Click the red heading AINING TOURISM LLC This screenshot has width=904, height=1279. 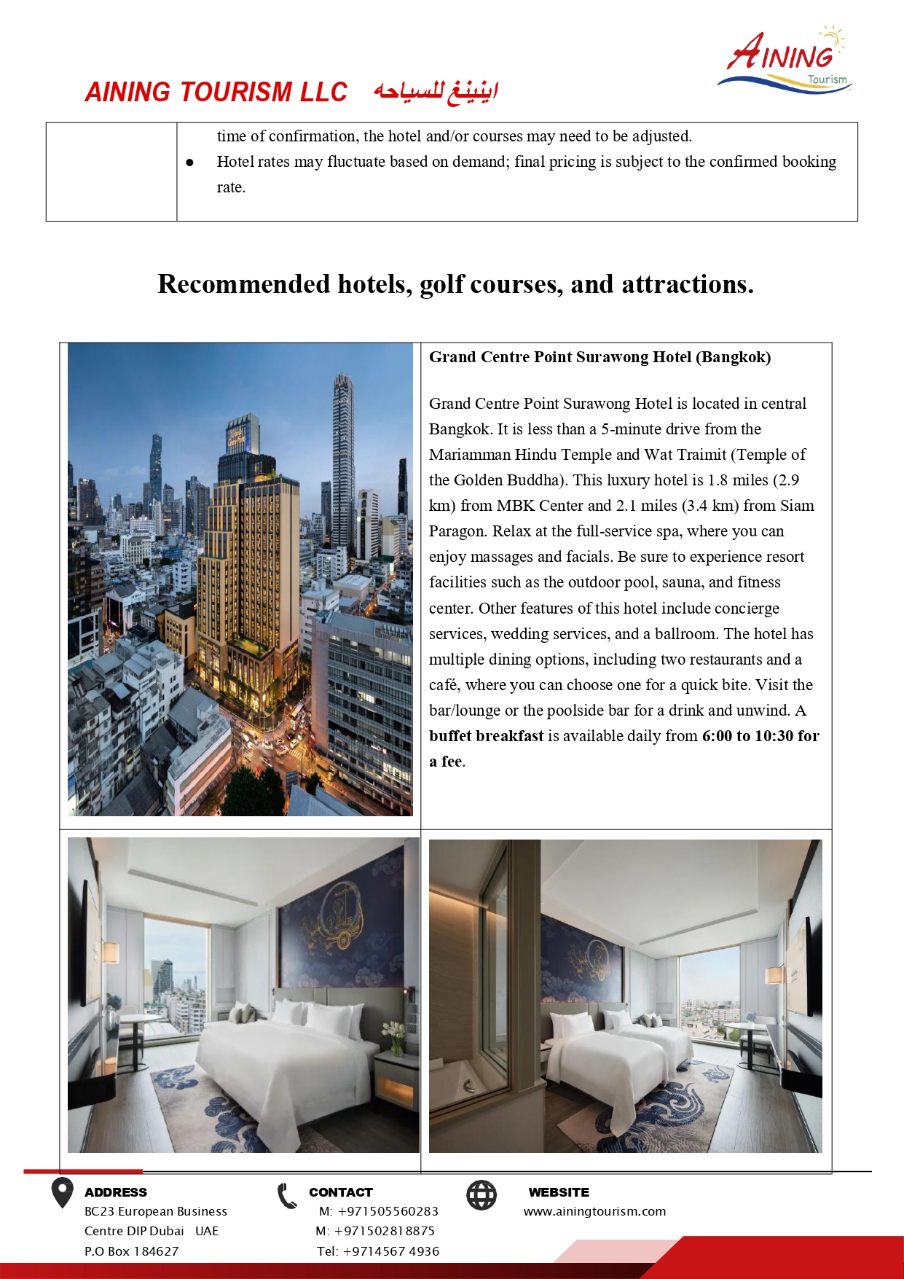tap(216, 93)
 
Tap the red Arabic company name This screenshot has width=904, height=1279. tap(436, 93)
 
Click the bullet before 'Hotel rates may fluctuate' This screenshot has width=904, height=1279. tap(190, 163)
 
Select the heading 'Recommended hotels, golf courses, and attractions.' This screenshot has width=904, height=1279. tap(455, 284)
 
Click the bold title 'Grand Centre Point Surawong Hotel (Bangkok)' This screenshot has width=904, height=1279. tap(600, 357)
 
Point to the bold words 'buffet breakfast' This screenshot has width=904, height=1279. tap(486, 736)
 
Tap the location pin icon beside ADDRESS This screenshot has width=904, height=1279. tap(63, 1193)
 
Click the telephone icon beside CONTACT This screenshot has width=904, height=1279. tap(287, 1196)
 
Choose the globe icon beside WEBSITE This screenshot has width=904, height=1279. tap(482, 1195)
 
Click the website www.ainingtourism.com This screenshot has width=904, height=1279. tap(594, 1211)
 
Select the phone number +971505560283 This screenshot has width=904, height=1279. tap(388, 1211)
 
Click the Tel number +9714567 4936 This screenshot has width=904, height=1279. tap(390, 1251)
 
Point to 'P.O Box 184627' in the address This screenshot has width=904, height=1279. tap(131, 1251)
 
